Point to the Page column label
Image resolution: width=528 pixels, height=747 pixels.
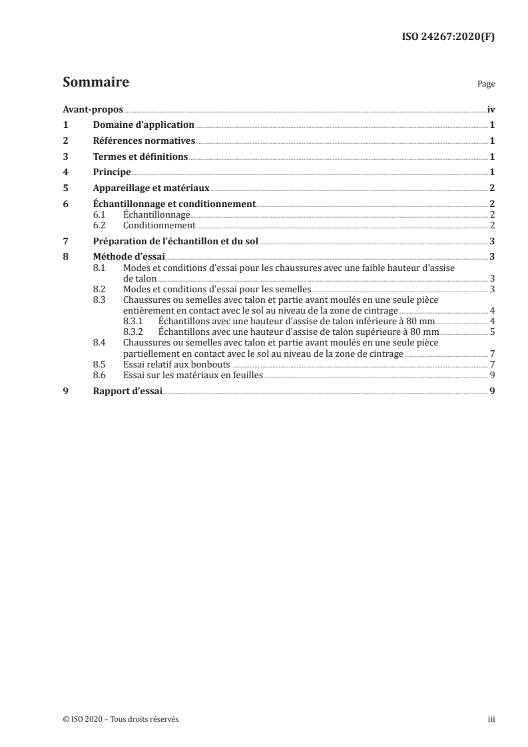(486, 85)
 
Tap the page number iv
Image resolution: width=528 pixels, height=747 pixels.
(490, 109)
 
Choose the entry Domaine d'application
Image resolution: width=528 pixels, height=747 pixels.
(143, 124)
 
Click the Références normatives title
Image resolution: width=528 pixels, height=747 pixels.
(144, 140)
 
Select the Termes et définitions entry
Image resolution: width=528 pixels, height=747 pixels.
(140, 156)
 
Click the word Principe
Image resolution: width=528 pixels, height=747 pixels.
(112, 172)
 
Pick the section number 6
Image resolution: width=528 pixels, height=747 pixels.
(65, 204)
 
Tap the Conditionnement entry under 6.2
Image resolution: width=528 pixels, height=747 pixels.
(159, 225)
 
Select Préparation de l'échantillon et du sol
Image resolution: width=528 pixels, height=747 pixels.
(175, 240)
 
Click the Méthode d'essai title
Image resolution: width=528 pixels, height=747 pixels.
(129, 256)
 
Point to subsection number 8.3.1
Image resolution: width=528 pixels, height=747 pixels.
(133, 321)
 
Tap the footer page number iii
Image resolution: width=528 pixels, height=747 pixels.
(491, 719)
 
